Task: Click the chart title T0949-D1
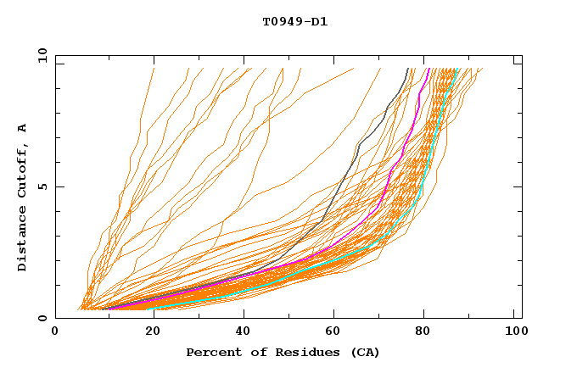[294, 21]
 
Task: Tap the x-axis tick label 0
[55, 332]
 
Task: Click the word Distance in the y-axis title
[23, 241]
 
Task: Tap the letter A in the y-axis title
[23, 128]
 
